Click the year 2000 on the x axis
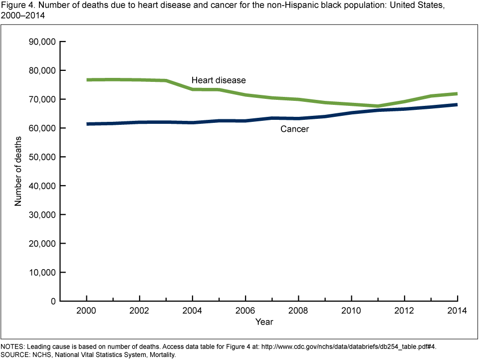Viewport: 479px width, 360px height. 86,311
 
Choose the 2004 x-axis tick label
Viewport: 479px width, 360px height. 192,311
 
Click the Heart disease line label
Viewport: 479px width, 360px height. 219,80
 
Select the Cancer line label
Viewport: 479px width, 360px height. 294,129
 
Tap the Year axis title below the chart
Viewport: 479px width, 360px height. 264,322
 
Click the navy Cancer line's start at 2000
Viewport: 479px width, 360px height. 87,124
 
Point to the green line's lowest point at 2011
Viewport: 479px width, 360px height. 377,106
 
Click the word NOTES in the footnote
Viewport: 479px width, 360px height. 12,347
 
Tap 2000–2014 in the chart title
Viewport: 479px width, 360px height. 22,15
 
